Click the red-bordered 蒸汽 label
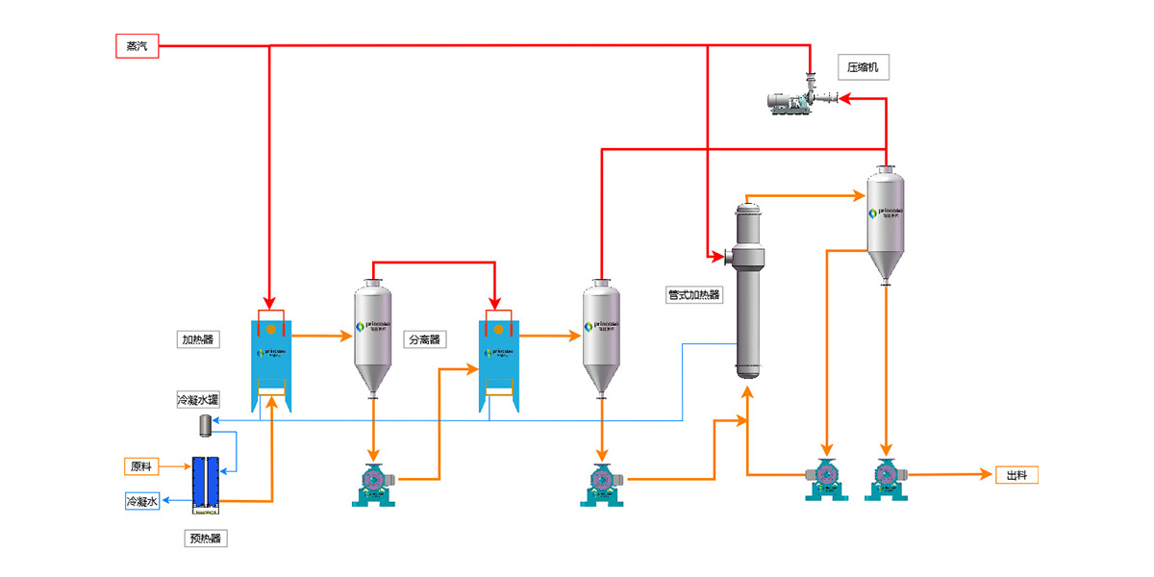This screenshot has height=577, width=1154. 137,46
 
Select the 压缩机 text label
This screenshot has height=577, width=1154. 862,67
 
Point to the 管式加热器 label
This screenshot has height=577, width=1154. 694,295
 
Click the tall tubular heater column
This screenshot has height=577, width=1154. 749,288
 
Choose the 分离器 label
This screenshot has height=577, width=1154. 424,339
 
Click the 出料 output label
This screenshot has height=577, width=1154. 1016,474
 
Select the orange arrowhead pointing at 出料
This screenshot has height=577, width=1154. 984,474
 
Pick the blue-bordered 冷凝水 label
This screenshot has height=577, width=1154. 142,501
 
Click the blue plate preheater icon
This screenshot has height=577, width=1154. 206,481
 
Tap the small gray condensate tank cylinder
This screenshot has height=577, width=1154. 205,424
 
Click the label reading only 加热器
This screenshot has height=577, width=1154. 197,339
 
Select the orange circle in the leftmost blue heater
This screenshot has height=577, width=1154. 272,330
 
